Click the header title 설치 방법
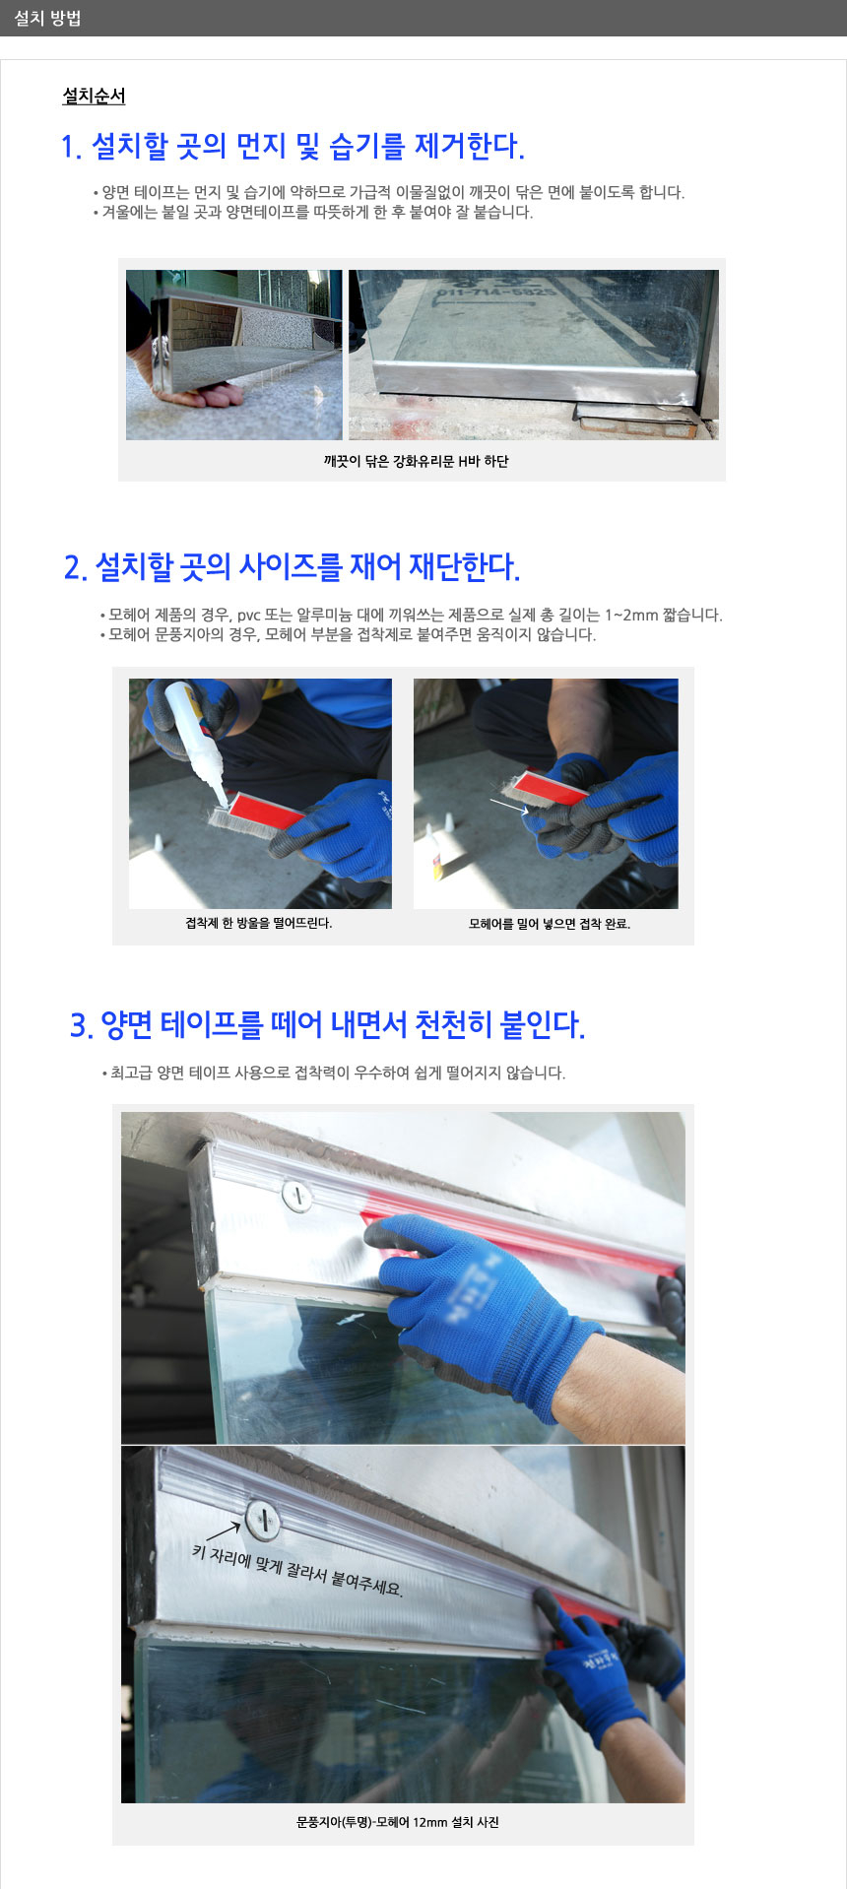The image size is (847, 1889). tap(47, 18)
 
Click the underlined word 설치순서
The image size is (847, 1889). tap(94, 96)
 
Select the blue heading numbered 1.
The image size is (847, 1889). tap(293, 147)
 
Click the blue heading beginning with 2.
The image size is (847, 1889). tap(292, 567)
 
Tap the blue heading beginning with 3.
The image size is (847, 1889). tap(327, 1024)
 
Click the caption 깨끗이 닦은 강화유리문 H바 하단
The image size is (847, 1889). tap(416, 461)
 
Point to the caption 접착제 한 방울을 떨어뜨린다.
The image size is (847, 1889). tap(259, 923)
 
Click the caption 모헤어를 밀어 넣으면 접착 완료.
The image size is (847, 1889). tap(550, 924)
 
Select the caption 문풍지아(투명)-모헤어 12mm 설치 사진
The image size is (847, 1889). tap(398, 1822)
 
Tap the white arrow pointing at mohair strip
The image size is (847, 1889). tap(508, 806)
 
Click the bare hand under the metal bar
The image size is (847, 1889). tap(203, 394)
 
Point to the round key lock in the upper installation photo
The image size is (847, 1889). tap(297, 1196)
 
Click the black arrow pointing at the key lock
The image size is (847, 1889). tap(223, 1531)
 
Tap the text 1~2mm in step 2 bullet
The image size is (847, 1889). tap(631, 615)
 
